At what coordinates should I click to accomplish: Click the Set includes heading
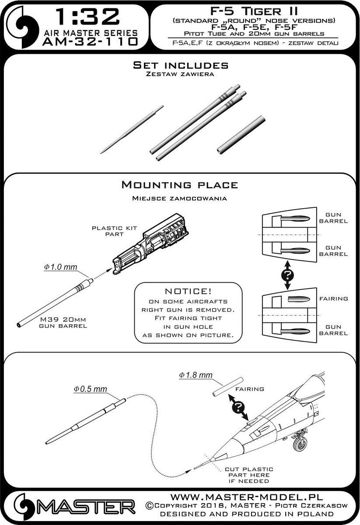coord(181,66)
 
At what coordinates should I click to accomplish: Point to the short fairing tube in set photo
coord(241,134)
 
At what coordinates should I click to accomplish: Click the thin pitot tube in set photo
coord(131,129)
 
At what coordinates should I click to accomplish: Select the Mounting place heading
coord(179,185)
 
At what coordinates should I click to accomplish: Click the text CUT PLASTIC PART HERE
coord(248,475)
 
